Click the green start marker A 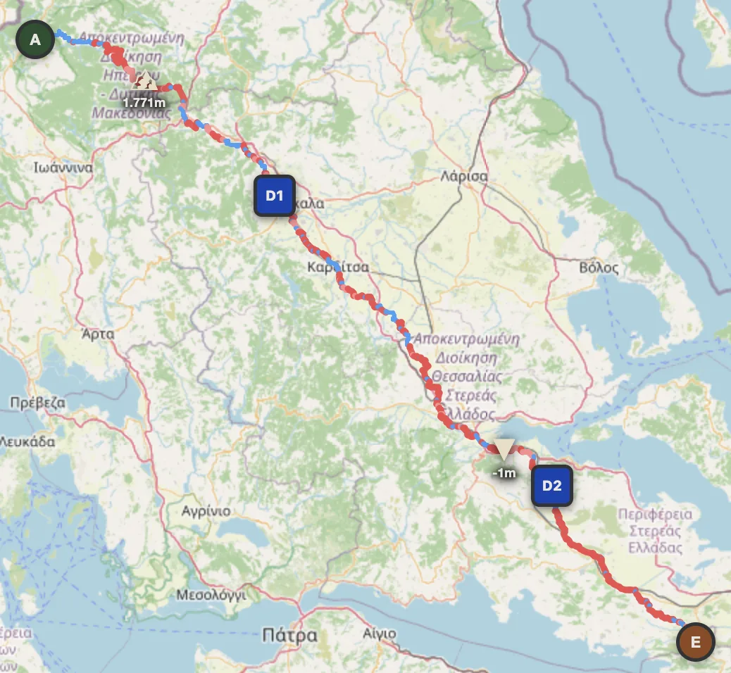(35, 41)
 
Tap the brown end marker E (695, 642)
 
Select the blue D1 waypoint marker (274, 196)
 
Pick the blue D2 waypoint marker (551, 486)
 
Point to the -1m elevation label (504, 473)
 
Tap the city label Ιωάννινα (63, 168)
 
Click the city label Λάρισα (463, 176)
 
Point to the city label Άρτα (98, 334)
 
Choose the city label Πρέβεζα (38, 403)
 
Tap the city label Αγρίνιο (205, 511)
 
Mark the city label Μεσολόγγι (211, 594)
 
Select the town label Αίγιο (379, 634)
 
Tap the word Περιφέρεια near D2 (655, 514)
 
